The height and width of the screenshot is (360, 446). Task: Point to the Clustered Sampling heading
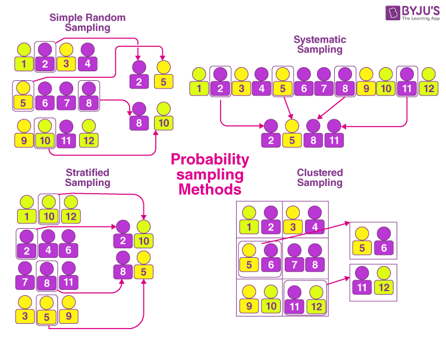click(320, 178)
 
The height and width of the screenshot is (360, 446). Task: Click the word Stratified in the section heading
click(87, 173)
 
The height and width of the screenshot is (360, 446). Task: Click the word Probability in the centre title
click(210, 160)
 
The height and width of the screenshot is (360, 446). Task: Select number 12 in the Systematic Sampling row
click(428, 89)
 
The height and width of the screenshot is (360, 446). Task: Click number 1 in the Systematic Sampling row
click(199, 89)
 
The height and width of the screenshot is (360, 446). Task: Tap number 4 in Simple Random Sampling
click(87, 64)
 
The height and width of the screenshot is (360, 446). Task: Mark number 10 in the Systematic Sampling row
click(386, 89)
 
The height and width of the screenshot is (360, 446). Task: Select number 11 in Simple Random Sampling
click(67, 141)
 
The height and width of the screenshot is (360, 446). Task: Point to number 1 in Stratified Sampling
click(26, 217)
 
